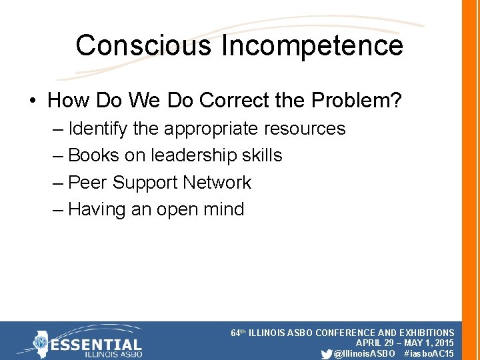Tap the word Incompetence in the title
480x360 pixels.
[312, 45]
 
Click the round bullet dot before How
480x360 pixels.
[33, 101]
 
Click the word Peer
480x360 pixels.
[88, 182]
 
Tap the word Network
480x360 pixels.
[217, 182]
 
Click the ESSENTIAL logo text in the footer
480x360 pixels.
[97, 345]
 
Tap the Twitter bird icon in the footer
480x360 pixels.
[326, 353]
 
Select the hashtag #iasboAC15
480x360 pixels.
[429, 353]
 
